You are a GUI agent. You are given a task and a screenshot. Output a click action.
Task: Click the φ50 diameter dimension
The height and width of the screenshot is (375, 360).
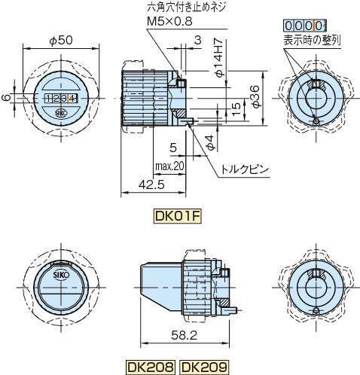[61, 41]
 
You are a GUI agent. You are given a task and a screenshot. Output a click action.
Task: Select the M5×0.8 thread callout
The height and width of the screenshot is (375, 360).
[169, 21]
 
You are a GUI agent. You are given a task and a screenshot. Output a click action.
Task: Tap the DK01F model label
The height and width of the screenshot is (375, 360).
[178, 216]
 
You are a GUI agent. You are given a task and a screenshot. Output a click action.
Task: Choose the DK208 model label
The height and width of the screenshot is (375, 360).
[151, 367]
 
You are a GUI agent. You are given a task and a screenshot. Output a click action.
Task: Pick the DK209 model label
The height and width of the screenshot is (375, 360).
[204, 367]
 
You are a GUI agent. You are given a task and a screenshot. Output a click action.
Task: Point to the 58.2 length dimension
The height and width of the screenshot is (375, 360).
[185, 335]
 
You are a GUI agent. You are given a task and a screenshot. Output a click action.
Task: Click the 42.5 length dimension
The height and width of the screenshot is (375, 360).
[151, 184]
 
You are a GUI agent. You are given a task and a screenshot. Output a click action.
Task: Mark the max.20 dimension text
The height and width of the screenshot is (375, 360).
[169, 166]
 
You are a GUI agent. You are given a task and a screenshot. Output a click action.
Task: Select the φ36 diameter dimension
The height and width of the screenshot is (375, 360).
[255, 96]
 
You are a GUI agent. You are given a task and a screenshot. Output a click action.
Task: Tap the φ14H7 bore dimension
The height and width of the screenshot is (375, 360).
[218, 57]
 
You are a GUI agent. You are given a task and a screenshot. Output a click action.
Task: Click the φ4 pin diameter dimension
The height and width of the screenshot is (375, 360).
[211, 143]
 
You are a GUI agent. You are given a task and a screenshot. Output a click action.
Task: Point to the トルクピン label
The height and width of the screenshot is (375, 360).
[244, 169]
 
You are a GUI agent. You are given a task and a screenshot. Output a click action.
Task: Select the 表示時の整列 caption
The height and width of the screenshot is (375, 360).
[312, 40]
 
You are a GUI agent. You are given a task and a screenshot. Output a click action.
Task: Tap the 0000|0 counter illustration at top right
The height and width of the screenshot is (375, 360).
[305, 26]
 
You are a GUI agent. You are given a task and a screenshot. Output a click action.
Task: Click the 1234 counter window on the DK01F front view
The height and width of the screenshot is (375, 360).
[61, 99]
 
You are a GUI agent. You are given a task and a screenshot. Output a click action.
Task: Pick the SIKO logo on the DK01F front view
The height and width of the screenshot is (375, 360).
[61, 114]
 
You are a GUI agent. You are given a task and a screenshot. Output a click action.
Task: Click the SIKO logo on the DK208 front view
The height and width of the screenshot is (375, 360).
[61, 274]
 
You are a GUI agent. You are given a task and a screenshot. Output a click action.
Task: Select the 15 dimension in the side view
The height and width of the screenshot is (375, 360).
[236, 108]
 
